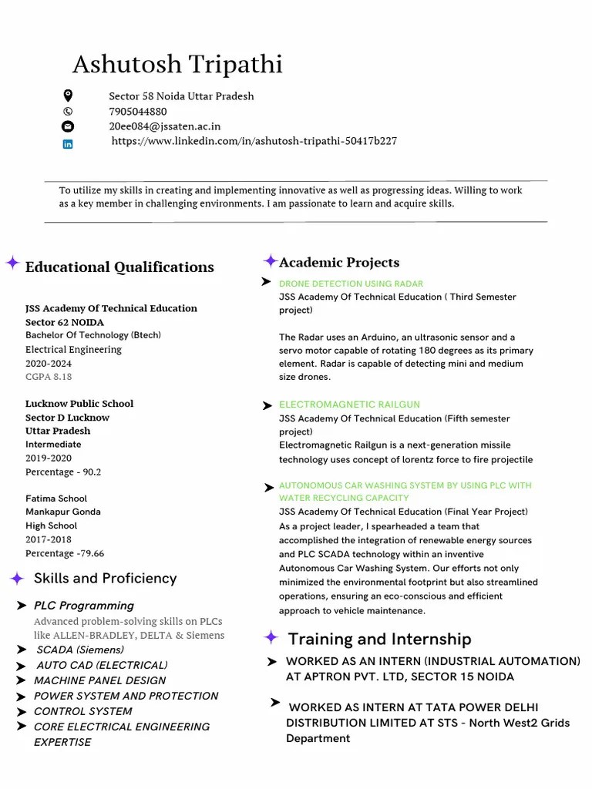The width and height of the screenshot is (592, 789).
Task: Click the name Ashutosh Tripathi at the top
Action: coord(177,65)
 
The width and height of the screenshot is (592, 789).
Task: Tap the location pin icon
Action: coord(68,96)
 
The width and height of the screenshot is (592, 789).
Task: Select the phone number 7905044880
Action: coord(137,111)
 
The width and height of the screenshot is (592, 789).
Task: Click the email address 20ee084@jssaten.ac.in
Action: coord(164,126)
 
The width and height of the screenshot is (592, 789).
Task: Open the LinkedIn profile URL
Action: coord(254,141)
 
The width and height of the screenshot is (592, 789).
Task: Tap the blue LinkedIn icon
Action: coord(68,143)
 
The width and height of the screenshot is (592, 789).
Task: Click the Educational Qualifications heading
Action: coord(119,267)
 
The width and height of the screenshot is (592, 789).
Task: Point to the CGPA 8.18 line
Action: coord(49,377)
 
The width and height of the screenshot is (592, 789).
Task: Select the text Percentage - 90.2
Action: coord(63,472)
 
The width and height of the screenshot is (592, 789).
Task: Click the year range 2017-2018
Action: coord(48,539)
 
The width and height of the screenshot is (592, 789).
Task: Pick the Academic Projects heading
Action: coord(339,263)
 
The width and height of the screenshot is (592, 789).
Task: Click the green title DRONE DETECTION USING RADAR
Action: coord(351,284)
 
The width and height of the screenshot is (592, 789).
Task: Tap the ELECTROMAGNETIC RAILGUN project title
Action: coord(349,405)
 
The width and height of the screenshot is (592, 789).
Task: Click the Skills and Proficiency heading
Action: coord(105,578)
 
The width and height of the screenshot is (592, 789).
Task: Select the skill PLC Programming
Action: coord(83,606)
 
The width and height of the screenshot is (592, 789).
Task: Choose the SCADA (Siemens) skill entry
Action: coord(80,650)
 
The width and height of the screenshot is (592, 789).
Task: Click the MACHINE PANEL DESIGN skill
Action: coord(99,680)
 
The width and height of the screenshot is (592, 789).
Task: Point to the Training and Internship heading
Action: coord(379,639)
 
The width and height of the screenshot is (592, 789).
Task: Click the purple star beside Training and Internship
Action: coord(271,637)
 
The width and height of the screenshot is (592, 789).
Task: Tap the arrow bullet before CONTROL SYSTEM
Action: coord(22,711)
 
